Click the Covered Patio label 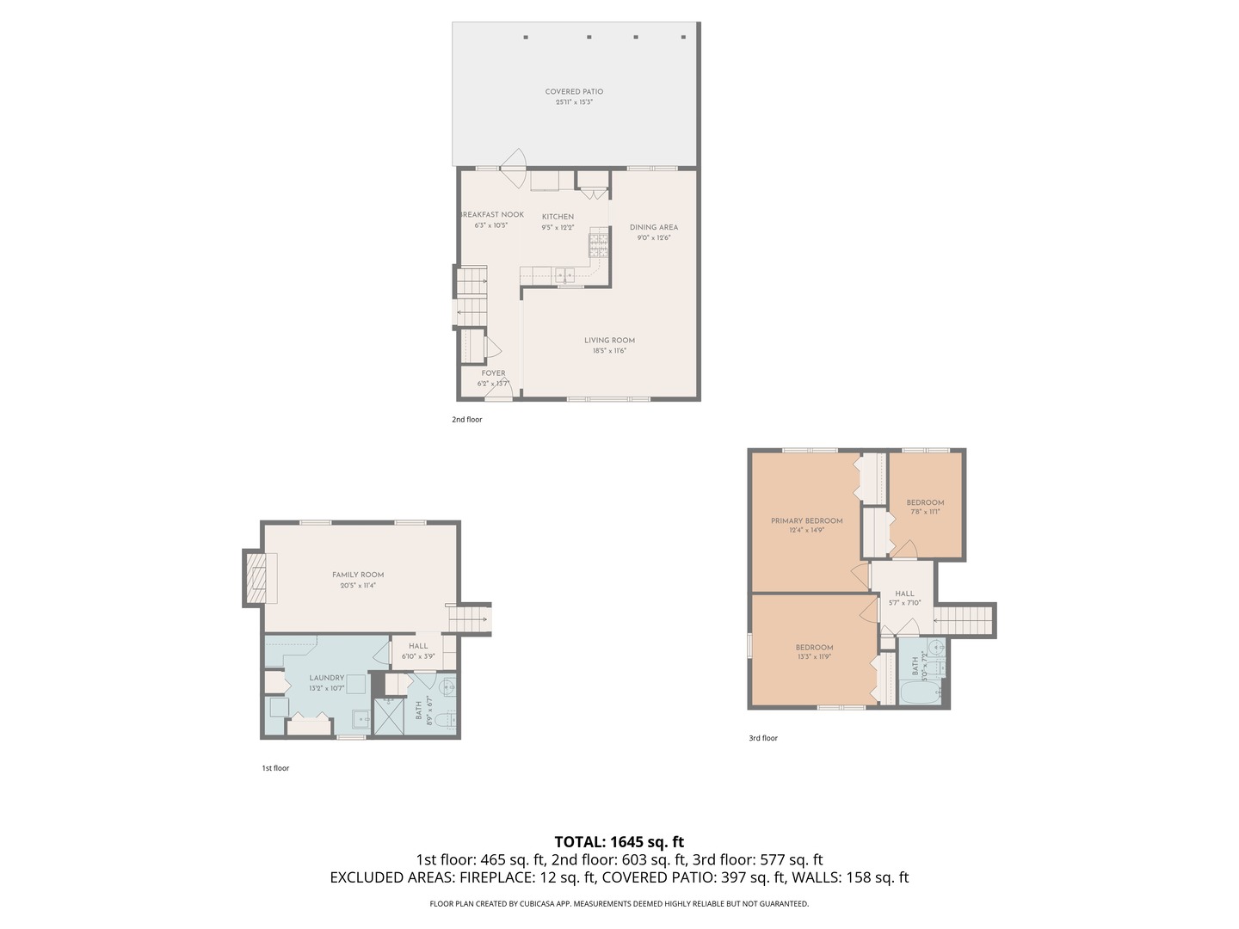pyautogui.click(x=574, y=92)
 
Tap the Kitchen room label pyautogui.click(x=558, y=217)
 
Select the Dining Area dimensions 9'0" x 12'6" pyautogui.click(x=654, y=237)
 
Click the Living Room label pyautogui.click(x=609, y=341)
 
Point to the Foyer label pyautogui.click(x=493, y=373)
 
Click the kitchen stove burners pyautogui.click(x=598, y=245)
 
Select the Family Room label pyautogui.click(x=358, y=575)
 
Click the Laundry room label pyautogui.click(x=327, y=678)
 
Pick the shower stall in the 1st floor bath pyautogui.click(x=388, y=716)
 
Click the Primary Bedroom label pyautogui.click(x=806, y=520)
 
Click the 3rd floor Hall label pyautogui.click(x=904, y=594)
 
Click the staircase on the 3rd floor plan pyautogui.click(x=964, y=620)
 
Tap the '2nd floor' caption pyautogui.click(x=467, y=420)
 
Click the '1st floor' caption pyautogui.click(x=275, y=768)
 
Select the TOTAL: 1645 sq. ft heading pyautogui.click(x=619, y=842)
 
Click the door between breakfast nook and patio pyautogui.click(x=514, y=169)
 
